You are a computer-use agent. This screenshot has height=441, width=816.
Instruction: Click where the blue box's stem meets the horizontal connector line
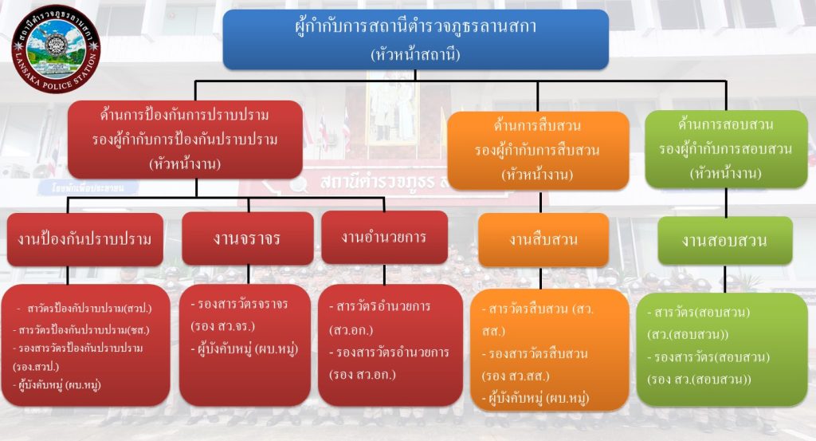click(x=415, y=81)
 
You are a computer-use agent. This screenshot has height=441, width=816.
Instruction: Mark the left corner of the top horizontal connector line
click(x=195, y=81)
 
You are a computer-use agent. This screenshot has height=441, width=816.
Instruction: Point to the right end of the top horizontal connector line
click(x=726, y=81)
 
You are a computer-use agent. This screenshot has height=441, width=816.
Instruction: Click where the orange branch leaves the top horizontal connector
click(x=538, y=81)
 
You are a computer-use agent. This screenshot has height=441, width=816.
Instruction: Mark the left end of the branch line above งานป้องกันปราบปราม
click(x=68, y=198)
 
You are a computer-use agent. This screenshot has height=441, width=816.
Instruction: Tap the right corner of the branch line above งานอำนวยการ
click(x=384, y=198)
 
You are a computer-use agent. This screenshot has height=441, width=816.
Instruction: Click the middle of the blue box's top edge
click(x=416, y=10)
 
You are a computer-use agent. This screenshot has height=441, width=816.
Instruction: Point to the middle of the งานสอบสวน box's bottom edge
click(x=725, y=265)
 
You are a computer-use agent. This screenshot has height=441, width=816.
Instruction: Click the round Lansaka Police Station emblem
click(x=57, y=49)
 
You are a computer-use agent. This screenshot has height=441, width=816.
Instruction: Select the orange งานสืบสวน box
click(x=543, y=239)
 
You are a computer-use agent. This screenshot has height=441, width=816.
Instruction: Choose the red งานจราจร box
click(x=248, y=238)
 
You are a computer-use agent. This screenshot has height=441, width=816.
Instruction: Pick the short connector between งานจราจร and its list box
click(x=249, y=274)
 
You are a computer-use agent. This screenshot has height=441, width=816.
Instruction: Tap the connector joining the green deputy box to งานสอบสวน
click(x=726, y=203)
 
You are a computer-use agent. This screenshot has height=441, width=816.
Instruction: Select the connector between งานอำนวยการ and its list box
click(x=385, y=274)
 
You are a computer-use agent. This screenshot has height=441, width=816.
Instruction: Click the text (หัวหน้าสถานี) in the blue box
click(x=415, y=54)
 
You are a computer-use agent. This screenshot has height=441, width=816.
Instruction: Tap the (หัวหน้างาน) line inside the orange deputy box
click(x=538, y=175)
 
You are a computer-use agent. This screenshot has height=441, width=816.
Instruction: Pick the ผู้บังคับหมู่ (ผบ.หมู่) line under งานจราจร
click(x=244, y=348)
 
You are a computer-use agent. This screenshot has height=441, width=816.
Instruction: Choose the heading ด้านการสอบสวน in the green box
click(x=726, y=124)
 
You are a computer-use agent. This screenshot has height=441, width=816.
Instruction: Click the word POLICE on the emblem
click(x=58, y=85)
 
